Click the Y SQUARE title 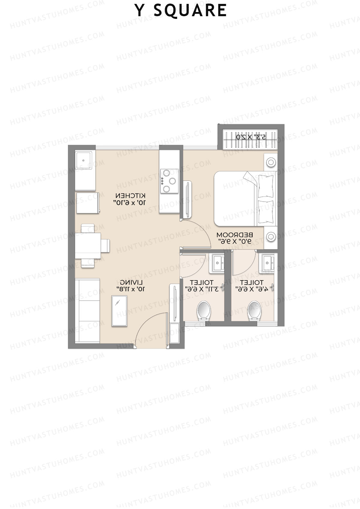(181, 10)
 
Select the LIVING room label (131, 282)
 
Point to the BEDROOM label (235, 234)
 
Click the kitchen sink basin (84, 160)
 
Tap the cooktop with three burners (169, 181)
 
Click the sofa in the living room (87, 310)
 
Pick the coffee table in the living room (119, 310)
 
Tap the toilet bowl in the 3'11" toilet (204, 310)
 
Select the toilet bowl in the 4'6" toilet (254, 310)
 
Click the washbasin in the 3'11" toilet (218, 263)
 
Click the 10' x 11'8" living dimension (131, 289)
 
